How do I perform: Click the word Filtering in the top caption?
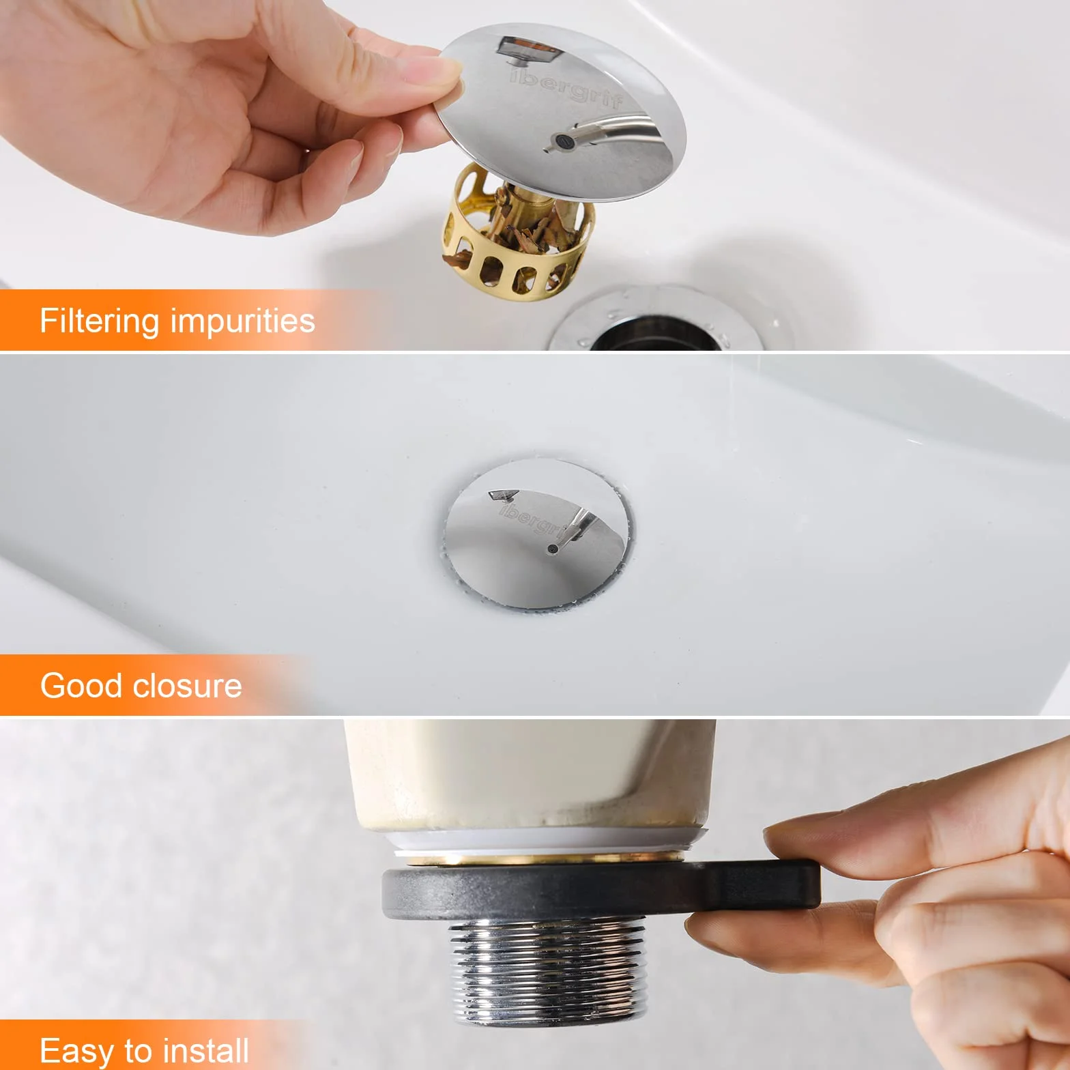[x=100, y=321]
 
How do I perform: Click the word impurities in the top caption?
[x=243, y=320]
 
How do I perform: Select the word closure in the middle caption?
[x=184, y=685]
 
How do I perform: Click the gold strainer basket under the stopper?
[x=517, y=235]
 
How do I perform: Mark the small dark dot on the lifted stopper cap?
[x=562, y=141]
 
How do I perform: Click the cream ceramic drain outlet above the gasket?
[x=530, y=775]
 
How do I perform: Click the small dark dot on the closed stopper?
[x=553, y=549]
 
